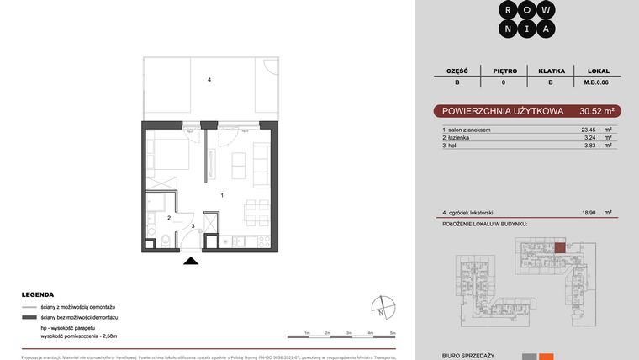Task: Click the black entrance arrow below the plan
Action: [192, 261]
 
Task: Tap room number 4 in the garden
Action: [209, 81]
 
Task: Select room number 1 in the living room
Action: [221, 195]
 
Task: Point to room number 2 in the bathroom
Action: [169, 219]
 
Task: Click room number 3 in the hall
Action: [193, 225]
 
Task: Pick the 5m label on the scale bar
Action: [393, 333]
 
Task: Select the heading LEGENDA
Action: [38, 295]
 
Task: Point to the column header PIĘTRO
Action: [503, 71]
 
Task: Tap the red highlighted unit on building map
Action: [561, 247]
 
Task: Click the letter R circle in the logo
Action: [508, 9]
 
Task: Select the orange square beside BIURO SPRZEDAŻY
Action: [547, 357]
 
